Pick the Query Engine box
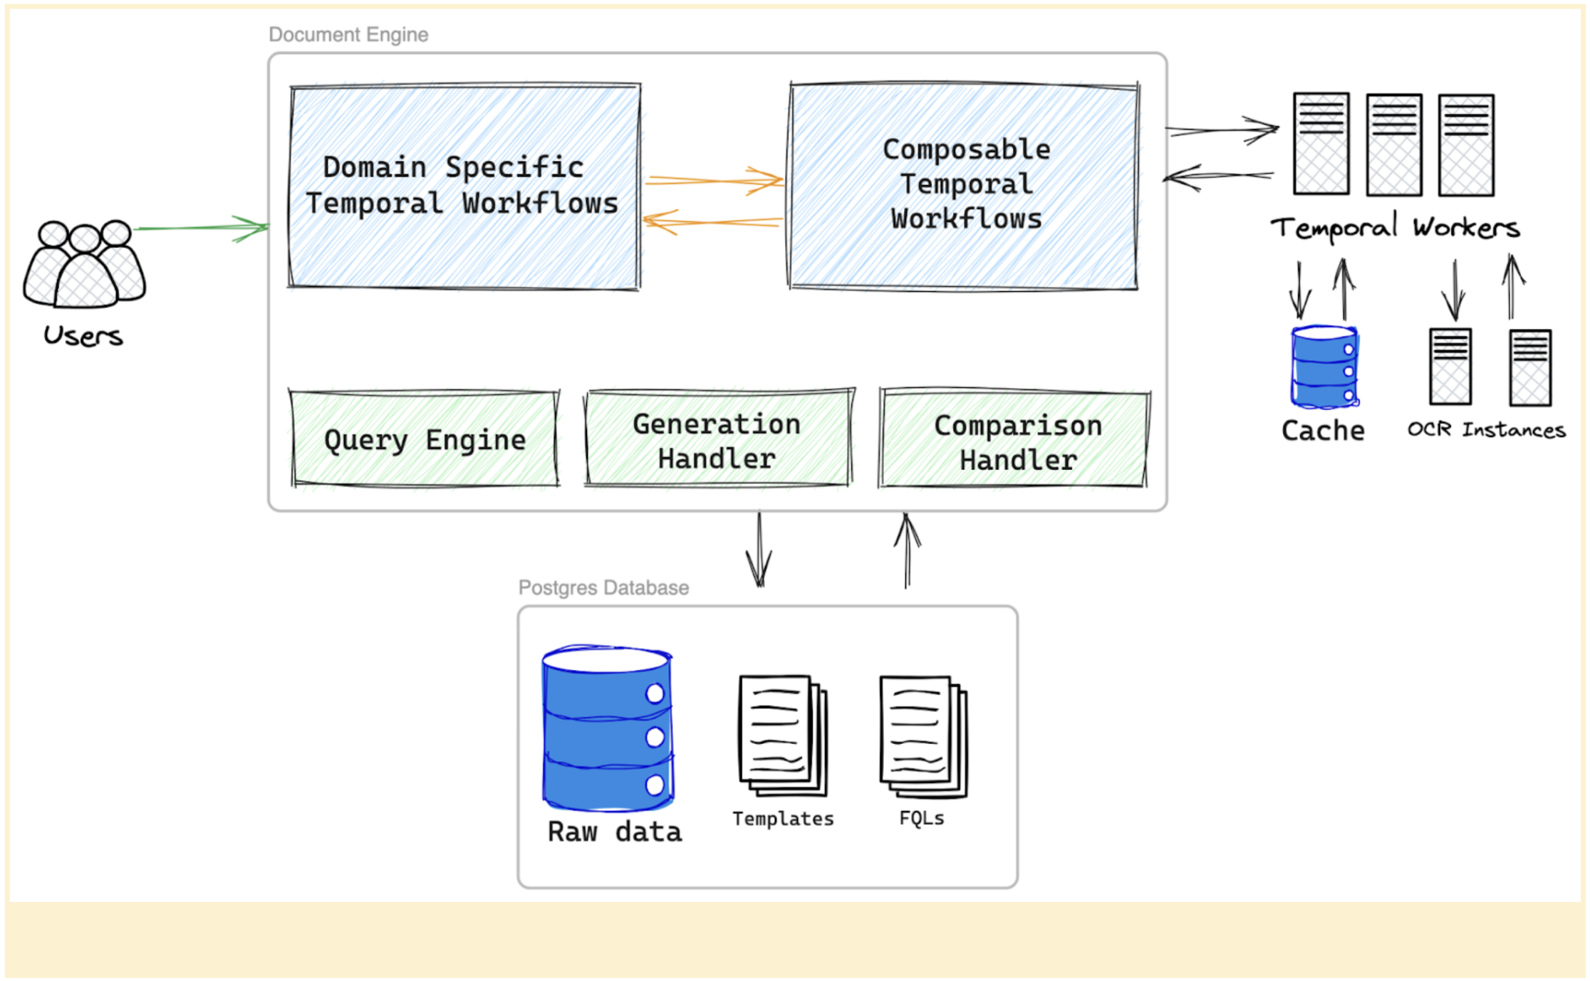(x=425, y=439)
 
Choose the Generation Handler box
(x=717, y=440)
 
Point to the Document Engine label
(x=348, y=34)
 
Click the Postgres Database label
(x=603, y=587)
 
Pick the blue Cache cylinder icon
(x=1324, y=367)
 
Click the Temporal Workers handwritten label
(x=1394, y=228)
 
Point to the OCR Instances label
(x=1486, y=430)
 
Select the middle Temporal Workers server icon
(x=1393, y=145)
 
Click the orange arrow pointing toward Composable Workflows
(x=714, y=180)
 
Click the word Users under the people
(x=83, y=335)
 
